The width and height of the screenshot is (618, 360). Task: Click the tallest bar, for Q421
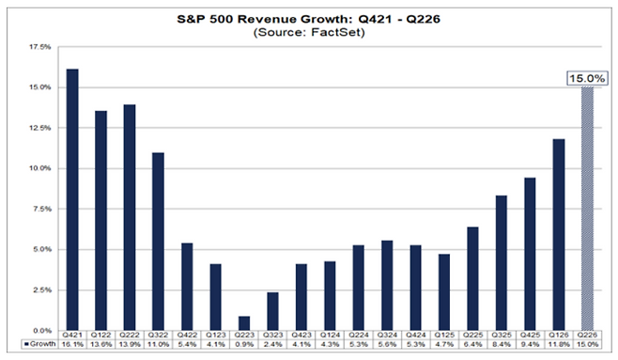(72, 200)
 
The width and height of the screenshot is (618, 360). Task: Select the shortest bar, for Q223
(244, 323)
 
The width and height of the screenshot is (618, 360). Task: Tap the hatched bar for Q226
(587, 209)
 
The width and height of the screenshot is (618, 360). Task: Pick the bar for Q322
(159, 242)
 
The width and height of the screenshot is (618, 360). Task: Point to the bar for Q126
(559, 235)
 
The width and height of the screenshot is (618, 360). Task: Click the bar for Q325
(502, 263)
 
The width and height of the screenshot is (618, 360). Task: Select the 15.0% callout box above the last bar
(587, 78)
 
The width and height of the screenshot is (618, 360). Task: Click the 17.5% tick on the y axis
(40, 47)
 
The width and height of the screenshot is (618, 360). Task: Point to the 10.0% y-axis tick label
(40, 168)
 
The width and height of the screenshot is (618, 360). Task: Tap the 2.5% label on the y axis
(41, 290)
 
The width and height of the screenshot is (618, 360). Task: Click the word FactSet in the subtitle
(337, 32)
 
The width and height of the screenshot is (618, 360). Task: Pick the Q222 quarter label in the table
(130, 336)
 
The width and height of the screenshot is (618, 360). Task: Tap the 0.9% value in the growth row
(244, 344)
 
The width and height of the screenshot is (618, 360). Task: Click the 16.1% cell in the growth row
(72, 344)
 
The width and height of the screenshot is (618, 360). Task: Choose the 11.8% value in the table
(559, 344)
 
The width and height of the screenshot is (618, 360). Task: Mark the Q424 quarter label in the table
(416, 336)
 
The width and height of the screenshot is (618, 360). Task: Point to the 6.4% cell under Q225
(473, 344)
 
